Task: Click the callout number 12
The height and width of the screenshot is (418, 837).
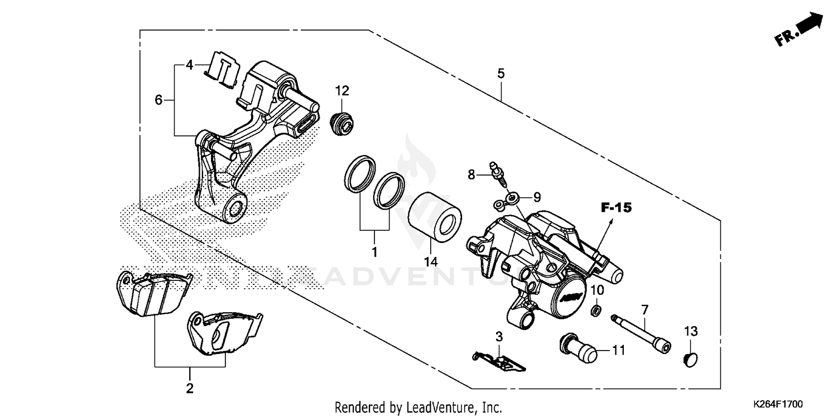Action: pos(341,90)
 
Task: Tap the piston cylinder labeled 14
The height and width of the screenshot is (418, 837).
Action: pos(436,217)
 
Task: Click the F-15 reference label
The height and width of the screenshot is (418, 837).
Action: pos(615,208)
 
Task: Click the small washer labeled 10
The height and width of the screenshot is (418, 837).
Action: pos(596,309)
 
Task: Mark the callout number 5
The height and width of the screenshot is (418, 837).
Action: pos(501,73)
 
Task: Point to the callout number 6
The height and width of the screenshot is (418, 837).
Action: pos(158,100)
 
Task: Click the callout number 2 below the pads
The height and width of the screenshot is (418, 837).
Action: pos(190,388)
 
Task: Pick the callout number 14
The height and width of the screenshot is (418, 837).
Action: pos(430,261)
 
